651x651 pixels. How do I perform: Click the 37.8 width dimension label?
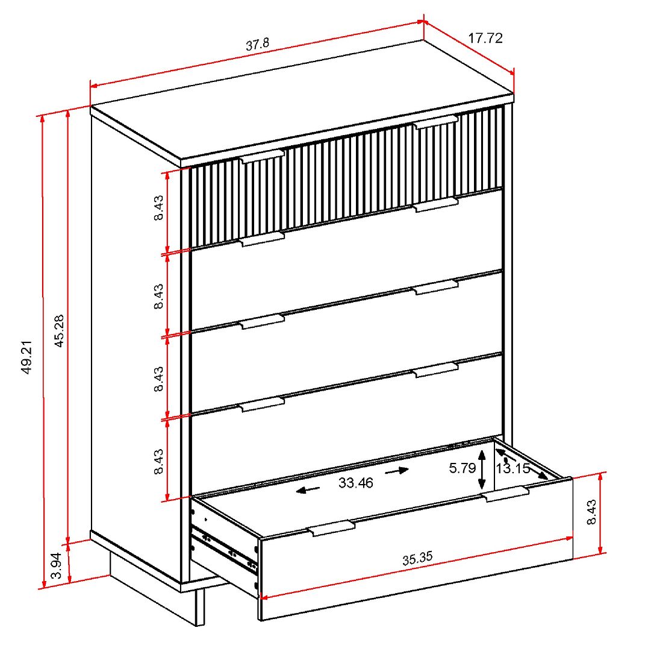[x=257, y=44]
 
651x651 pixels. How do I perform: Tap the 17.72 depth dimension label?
[x=485, y=38]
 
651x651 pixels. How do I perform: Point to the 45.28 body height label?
[x=59, y=331]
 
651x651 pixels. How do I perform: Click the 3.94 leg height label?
[x=56, y=566]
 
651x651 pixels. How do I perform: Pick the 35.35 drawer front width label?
[x=417, y=558]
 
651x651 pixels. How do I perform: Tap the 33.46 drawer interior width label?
[x=355, y=483]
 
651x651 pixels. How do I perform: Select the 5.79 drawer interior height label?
[x=462, y=468]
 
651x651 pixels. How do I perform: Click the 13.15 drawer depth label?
[x=513, y=468]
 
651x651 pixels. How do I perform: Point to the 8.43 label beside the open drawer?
[x=591, y=512]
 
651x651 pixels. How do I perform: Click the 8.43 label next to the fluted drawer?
[x=158, y=207]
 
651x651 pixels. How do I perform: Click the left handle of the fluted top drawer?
[x=263, y=157]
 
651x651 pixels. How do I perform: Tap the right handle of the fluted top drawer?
[x=436, y=122]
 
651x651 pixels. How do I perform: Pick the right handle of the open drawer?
[x=506, y=494]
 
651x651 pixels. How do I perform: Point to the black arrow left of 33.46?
[x=308, y=490]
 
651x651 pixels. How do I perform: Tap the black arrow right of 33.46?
[x=397, y=471]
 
